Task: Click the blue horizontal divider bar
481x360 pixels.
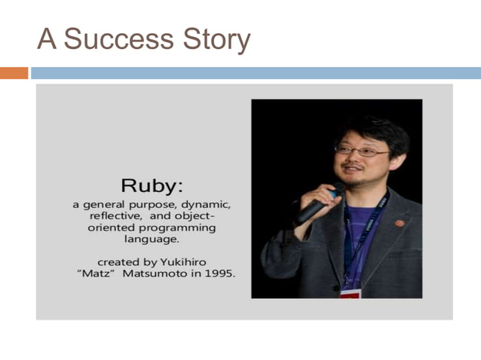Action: [x=255, y=73]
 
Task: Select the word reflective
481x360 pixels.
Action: [x=118, y=215]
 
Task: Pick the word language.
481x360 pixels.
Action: [x=152, y=239]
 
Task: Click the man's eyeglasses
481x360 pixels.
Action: [x=360, y=151]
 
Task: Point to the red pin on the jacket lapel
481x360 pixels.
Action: [x=400, y=223]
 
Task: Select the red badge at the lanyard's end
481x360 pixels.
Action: [x=350, y=293]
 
